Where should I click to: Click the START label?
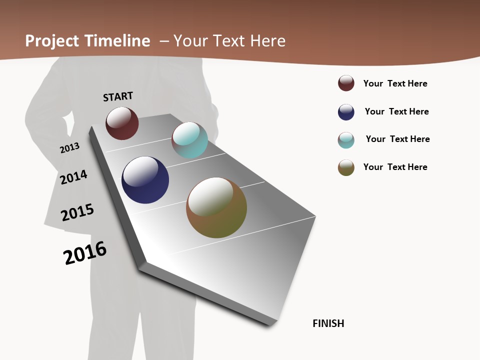pos(118,96)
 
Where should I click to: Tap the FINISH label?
pos(328,323)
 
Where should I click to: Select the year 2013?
pos(69,148)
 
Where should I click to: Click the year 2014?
pos(73,177)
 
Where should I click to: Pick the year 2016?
pos(85,253)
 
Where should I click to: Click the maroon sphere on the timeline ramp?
pos(122,123)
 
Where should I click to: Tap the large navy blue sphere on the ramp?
pos(145,180)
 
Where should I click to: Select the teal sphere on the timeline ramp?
pos(189,140)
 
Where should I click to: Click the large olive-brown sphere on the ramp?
pos(216,207)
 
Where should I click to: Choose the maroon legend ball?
pos(346,83)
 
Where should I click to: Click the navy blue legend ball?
pos(346,112)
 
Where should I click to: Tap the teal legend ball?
pos(346,140)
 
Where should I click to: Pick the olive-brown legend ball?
pos(346,167)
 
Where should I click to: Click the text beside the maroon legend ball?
pos(395,83)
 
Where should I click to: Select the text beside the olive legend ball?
pos(395,167)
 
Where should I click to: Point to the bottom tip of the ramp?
pos(271,324)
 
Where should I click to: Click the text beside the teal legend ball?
pos(397,139)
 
